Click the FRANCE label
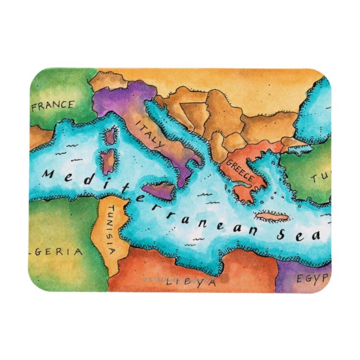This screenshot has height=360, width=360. point(54,105)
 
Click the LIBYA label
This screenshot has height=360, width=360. point(190,282)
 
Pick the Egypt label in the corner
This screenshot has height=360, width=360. point(312,278)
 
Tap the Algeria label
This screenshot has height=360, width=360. point(56,252)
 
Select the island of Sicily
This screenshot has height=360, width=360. point(160,190)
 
